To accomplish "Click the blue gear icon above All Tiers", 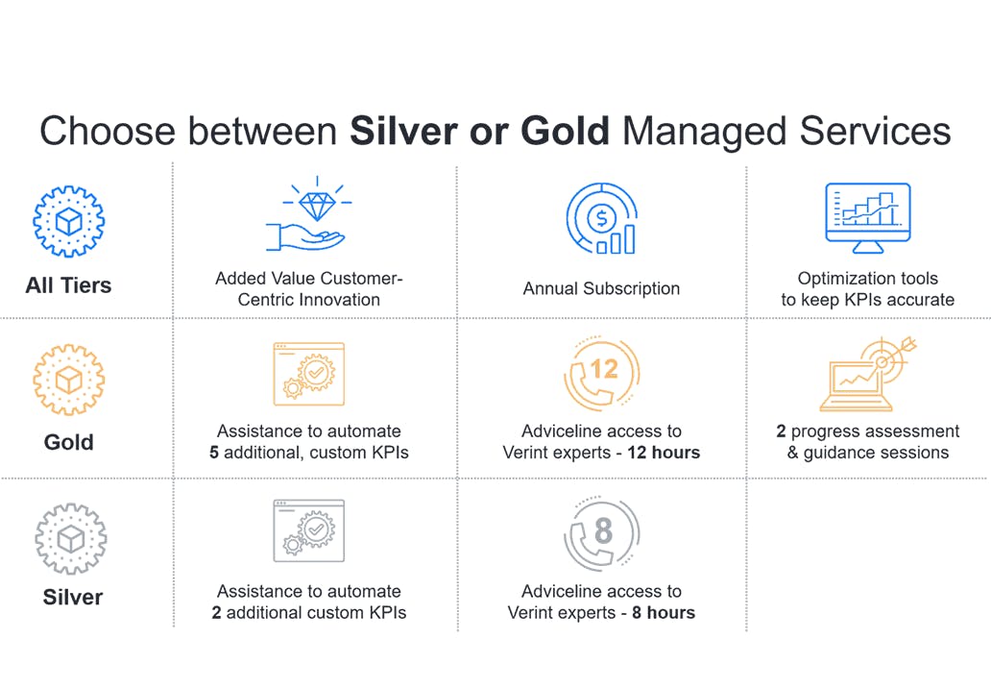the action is coord(69,221).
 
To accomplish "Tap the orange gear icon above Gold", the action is coord(69,381).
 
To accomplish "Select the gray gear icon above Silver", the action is coord(71,539).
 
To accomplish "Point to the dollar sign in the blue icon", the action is coord(602,219).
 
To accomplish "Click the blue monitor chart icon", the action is coord(868,217).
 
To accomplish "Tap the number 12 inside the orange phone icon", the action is coord(604,369).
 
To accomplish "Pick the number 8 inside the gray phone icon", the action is coord(604,530).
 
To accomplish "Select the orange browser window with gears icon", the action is coord(309,374).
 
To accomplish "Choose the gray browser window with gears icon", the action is coord(309,531).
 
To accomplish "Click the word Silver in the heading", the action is coord(404,131).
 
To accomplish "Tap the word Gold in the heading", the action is coord(565,131).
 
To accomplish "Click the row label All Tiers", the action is coord(68,285).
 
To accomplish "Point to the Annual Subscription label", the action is coord(601,288).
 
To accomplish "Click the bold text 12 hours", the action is coord(664,453).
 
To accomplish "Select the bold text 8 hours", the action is coord(664,613).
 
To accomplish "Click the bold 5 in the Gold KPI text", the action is coord(214,453).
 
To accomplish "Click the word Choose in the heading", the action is coord(108,131).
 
